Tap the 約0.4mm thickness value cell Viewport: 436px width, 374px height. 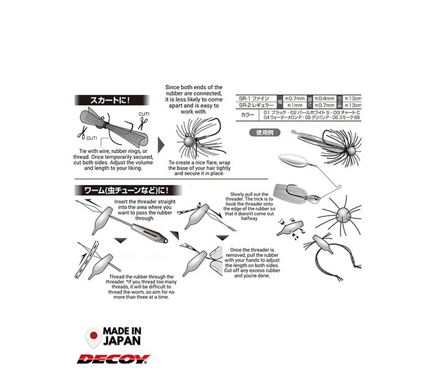click(x=325, y=98)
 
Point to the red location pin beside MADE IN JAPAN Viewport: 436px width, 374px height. click(x=92, y=336)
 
